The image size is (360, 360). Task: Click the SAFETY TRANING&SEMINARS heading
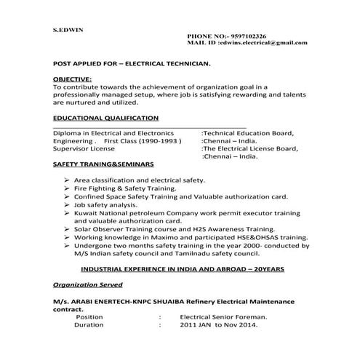[103, 165]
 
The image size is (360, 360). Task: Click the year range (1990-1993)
[172, 141]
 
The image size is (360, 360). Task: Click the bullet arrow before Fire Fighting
[67, 188]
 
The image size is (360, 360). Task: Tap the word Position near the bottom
[89, 317]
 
